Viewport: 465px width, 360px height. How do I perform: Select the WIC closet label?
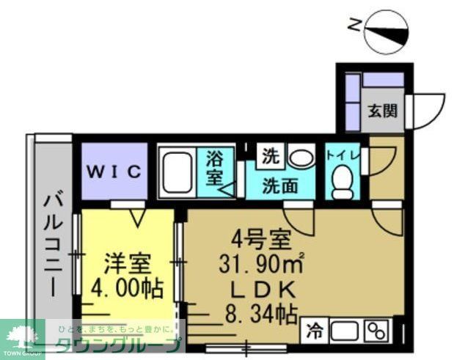click(114, 172)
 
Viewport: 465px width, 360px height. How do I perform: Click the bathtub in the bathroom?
click(176, 172)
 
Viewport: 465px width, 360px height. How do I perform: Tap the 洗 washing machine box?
click(271, 156)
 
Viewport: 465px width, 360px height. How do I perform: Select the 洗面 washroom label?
click(281, 185)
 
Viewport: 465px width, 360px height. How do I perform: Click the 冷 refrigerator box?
click(313, 330)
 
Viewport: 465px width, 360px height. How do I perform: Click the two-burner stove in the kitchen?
click(376, 331)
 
